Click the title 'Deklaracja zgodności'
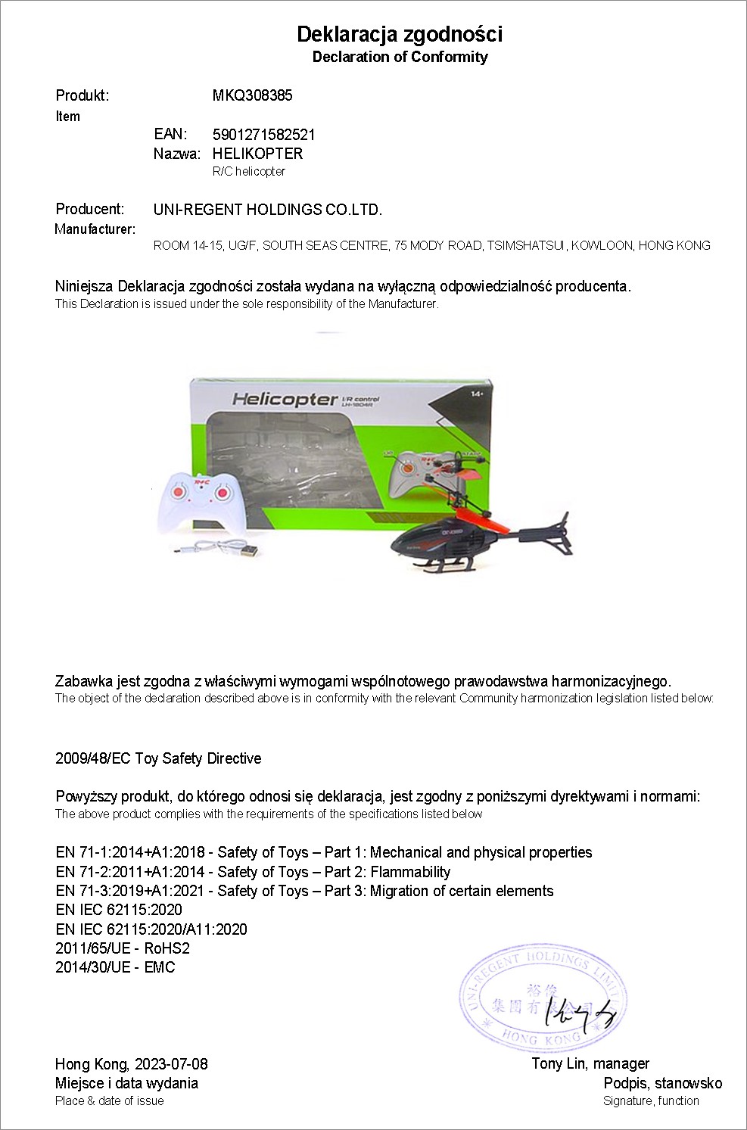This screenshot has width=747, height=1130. click(x=400, y=34)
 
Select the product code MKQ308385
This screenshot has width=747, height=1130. click(x=252, y=95)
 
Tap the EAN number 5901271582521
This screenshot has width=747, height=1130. click(x=264, y=135)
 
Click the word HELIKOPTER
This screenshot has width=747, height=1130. click(x=257, y=154)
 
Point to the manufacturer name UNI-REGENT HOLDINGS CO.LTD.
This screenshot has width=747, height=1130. click(x=268, y=210)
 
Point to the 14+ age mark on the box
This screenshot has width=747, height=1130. click(x=476, y=394)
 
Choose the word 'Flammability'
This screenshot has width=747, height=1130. click(x=410, y=872)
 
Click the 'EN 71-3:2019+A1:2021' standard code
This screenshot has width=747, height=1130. click(x=130, y=891)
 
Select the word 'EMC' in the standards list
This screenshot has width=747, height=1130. click(x=159, y=967)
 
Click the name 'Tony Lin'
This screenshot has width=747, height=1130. click(x=559, y=1064)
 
